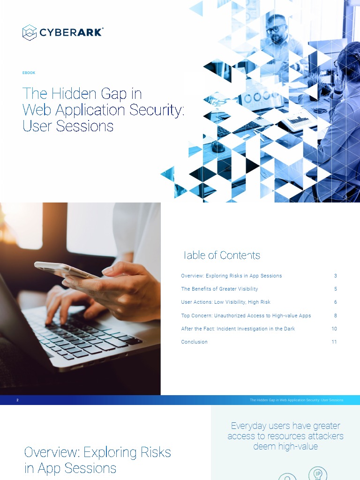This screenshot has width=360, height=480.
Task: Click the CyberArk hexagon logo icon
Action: (x=30, y=32)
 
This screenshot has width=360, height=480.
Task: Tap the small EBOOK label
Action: (x=29, y=73)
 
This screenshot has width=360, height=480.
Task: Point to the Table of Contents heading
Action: (x=221, y=255)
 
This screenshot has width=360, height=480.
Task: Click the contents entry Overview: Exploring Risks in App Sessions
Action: (x=232, y=276)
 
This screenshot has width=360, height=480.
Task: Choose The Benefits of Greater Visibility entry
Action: (x=219, y=289)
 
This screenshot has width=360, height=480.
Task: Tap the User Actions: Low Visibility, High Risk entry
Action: (x=225, y=302)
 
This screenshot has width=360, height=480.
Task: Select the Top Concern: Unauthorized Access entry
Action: (x=246, y=315)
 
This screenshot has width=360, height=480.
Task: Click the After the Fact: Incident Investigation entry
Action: (x=238, y=329)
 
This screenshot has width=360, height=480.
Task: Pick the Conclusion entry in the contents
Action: (x=194, y=342)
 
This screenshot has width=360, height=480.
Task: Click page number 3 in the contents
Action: (x=336, y=276)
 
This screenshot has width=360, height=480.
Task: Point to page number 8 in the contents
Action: (x=336, y=315)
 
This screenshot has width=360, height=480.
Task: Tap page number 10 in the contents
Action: (x=334, y=329)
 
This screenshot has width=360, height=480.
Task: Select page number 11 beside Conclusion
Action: (x=334, y=342)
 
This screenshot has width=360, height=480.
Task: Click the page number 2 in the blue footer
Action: (x=17, y=400)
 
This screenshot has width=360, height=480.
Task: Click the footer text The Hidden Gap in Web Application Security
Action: (x=296, y=400)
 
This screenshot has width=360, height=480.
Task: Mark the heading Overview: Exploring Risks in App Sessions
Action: (x=97, y=460)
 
